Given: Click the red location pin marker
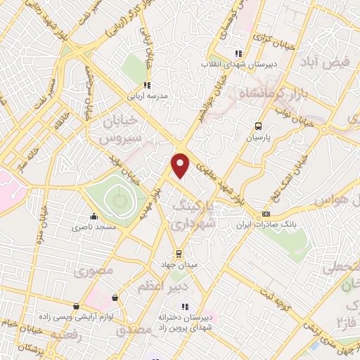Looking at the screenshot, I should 181,165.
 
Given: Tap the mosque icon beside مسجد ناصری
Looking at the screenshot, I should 94,217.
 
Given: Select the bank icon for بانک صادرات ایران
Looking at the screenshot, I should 266,214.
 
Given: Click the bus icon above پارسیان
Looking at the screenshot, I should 257,127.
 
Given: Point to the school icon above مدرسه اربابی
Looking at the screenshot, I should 146,85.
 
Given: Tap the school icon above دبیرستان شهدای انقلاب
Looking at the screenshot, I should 239,53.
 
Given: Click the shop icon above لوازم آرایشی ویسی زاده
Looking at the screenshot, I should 77,306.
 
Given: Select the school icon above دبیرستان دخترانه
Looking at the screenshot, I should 185,306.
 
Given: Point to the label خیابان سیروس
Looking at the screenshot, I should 108,129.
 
